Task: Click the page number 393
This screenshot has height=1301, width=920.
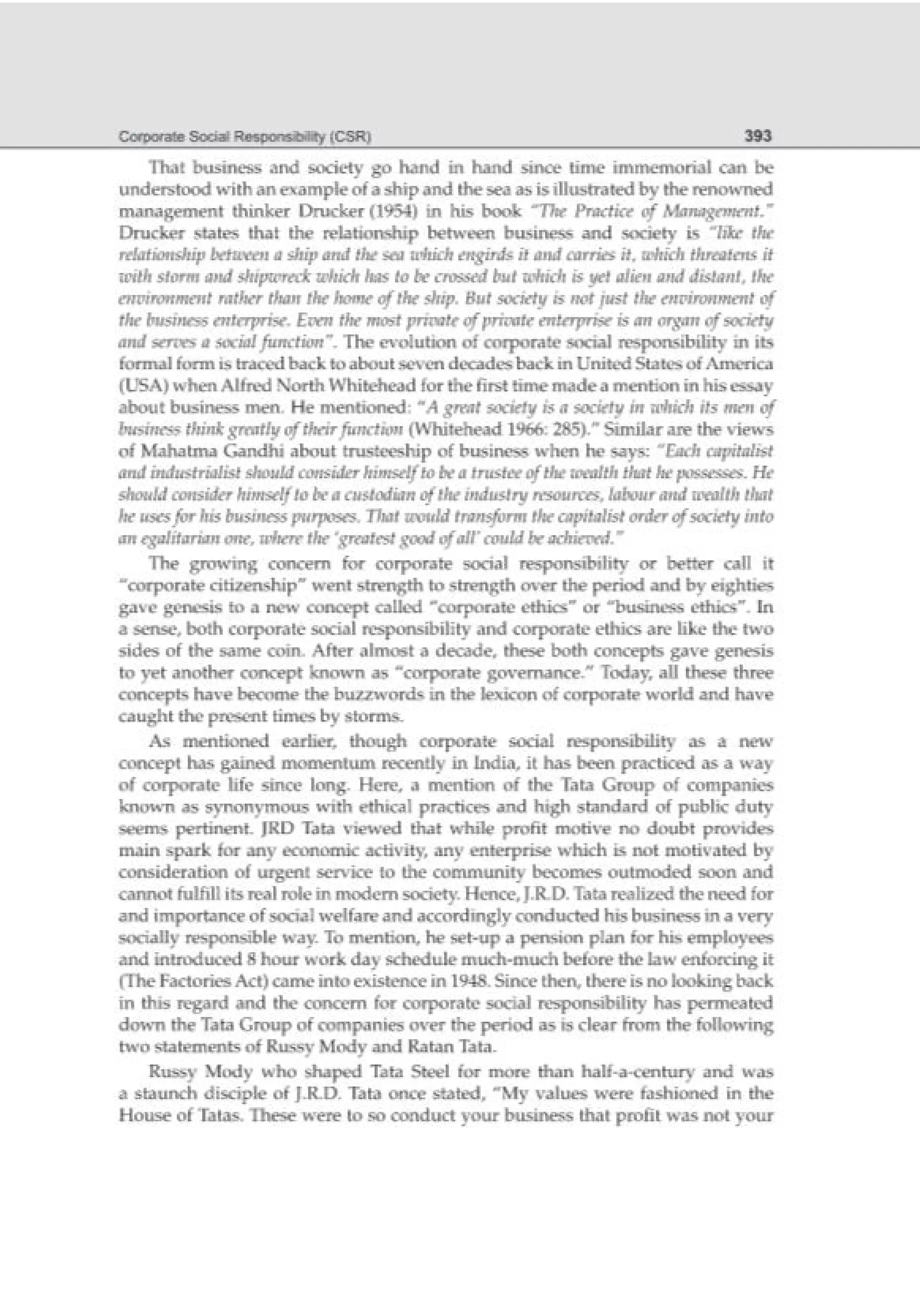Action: (x=757, y=136)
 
